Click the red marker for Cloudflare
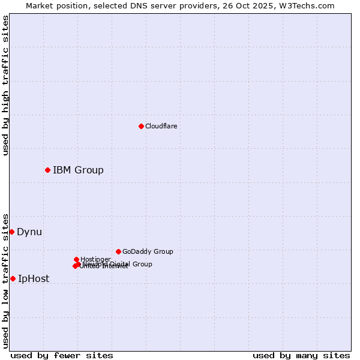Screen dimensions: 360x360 pos(141,126)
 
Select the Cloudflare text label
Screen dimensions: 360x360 pos(161,126)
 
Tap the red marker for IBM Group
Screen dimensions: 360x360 pos(47,170)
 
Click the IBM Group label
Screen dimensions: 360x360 pos(78,170)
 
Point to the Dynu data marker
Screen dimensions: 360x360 pos(11,232)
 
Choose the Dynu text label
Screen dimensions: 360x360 pos(29,232)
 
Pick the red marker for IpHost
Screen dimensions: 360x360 pos(13,278)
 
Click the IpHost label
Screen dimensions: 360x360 pos(34,278)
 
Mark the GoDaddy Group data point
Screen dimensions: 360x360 pos(118,251)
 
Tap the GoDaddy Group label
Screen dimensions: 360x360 pos(148,251)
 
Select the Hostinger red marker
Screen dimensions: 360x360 pos(76,259)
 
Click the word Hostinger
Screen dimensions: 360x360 pos(95,259)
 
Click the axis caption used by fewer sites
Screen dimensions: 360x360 pos(62,355)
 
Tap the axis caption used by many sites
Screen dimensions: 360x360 pos(301,355)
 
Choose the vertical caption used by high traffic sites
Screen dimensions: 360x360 pos(5,85)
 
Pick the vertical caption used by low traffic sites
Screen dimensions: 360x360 pos(5,281)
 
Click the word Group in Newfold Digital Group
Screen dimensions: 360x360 pos(142,264)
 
